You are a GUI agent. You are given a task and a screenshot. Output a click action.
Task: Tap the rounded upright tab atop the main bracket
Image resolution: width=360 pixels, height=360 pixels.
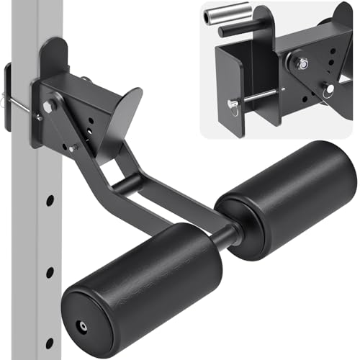[54, 58]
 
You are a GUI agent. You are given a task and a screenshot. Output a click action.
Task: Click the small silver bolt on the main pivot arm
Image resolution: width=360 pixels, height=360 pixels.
[72, 147]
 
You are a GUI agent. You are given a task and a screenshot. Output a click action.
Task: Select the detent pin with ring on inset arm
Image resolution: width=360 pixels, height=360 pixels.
[328, 91]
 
